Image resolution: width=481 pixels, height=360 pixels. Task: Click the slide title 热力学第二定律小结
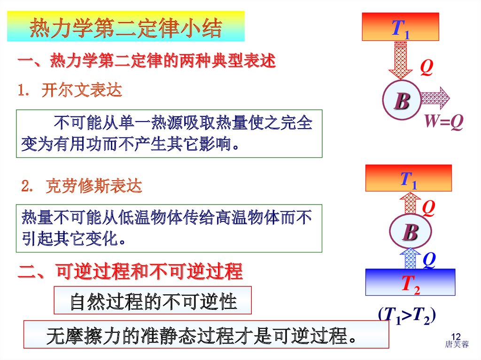tap(125, 29)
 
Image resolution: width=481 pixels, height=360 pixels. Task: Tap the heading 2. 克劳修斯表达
tap(81, 187)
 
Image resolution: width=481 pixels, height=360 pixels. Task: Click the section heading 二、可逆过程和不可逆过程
tap(130, 272)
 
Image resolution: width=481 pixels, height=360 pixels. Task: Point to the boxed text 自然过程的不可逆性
tap(153, 301)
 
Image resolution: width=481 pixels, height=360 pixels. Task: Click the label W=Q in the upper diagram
tap(444, 122)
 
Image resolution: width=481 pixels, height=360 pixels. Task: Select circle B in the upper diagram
tap(402, 101)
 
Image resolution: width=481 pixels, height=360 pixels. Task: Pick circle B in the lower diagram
tap(410, 232)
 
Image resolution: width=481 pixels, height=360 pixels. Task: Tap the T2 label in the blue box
tap(410, 283)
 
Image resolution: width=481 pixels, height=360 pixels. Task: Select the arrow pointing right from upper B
tap(434, 98)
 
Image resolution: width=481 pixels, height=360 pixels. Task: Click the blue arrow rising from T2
tap(411, 259)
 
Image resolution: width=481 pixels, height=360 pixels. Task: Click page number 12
tap(455, 337)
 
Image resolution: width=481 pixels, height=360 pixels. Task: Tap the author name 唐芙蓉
tap(457, 345)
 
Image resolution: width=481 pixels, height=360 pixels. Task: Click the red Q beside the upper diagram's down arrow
tap(426, 69)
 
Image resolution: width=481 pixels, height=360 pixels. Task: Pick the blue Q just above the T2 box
tap(429, 259)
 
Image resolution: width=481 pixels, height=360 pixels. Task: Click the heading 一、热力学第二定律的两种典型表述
tap(146, 61)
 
